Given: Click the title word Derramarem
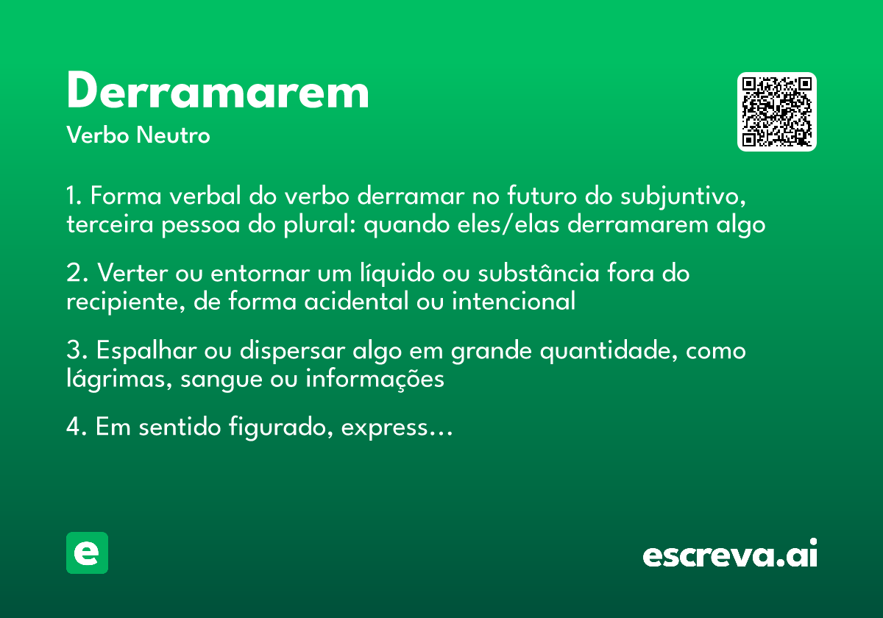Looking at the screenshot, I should (218, 92).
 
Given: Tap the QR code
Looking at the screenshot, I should (777, 112).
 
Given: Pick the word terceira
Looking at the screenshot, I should (110, 224).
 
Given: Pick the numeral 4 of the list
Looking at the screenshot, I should (73, 427).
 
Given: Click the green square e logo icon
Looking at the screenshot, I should (87, 553).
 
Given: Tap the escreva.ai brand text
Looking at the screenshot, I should (730, 554).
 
